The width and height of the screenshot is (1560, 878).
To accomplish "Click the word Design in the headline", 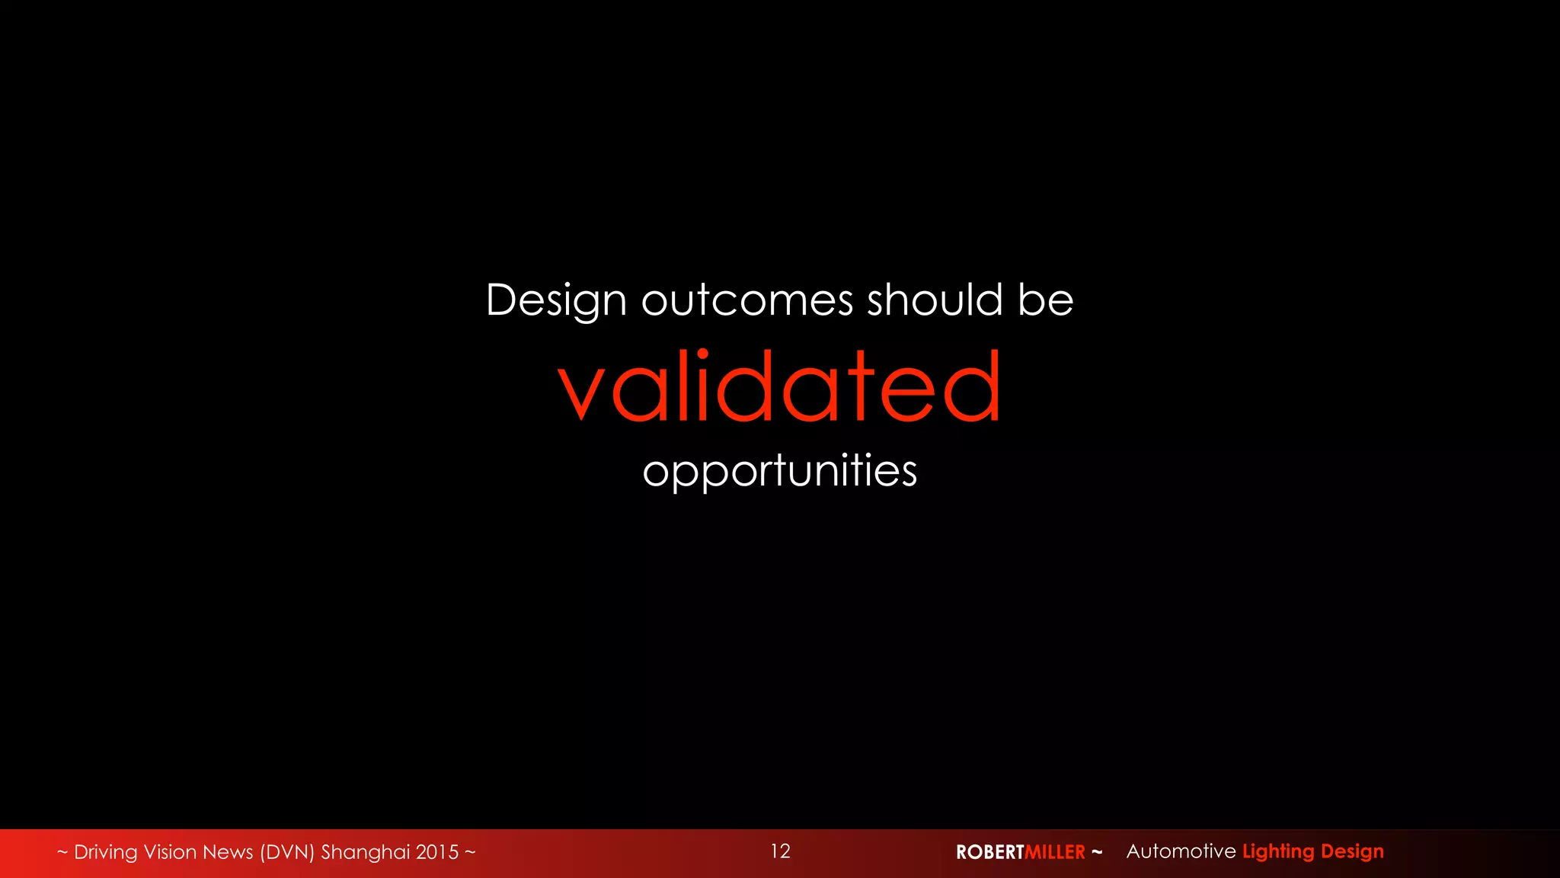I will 556,300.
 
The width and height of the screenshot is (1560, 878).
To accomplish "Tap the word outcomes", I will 746,300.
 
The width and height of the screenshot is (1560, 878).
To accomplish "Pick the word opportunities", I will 779,471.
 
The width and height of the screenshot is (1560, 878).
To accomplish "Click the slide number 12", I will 780,851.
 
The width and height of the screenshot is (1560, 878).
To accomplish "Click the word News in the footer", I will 229,852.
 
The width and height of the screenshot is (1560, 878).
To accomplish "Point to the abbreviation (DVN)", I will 287,852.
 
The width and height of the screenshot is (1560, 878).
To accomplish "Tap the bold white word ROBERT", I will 989,852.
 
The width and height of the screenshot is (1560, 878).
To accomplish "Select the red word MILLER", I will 1055,852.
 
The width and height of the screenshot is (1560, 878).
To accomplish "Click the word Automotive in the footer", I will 1181,851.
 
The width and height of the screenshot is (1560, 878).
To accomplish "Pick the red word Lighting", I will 1278,852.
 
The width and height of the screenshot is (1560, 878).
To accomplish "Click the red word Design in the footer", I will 1352,852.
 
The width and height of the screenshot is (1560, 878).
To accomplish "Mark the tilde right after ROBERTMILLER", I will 1097,851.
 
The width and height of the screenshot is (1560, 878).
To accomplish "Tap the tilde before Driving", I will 62,852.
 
